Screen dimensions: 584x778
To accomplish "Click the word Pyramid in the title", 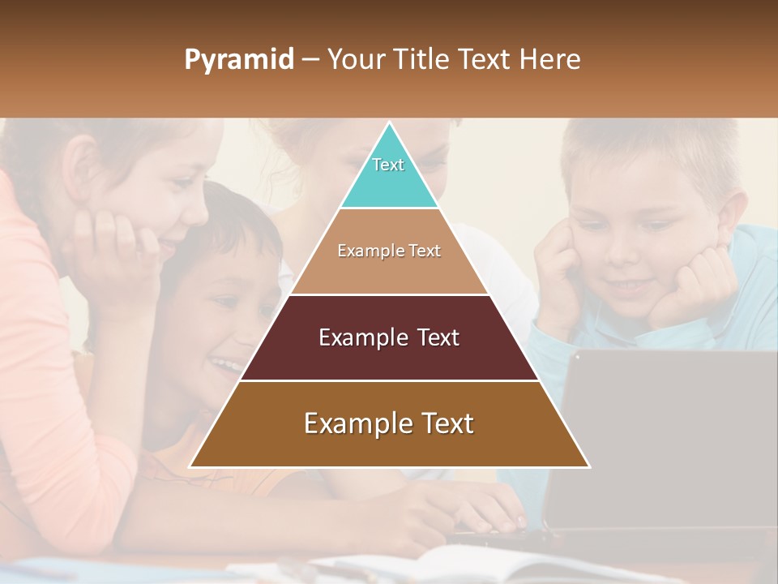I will (x=238, y=60).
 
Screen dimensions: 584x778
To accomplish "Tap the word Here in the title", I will (x=550, y=59).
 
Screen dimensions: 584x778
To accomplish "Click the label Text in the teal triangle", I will (x=388, y=165).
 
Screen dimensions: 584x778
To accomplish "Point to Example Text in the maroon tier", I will (x=389, y=337).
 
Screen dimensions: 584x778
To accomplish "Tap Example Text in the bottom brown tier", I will (x=389, y=423).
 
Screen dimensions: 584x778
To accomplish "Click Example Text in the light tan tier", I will (x=389, y=251).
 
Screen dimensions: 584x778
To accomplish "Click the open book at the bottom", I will (x=454, y=565).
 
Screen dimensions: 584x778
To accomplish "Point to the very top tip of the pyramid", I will (x=389, y=124).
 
